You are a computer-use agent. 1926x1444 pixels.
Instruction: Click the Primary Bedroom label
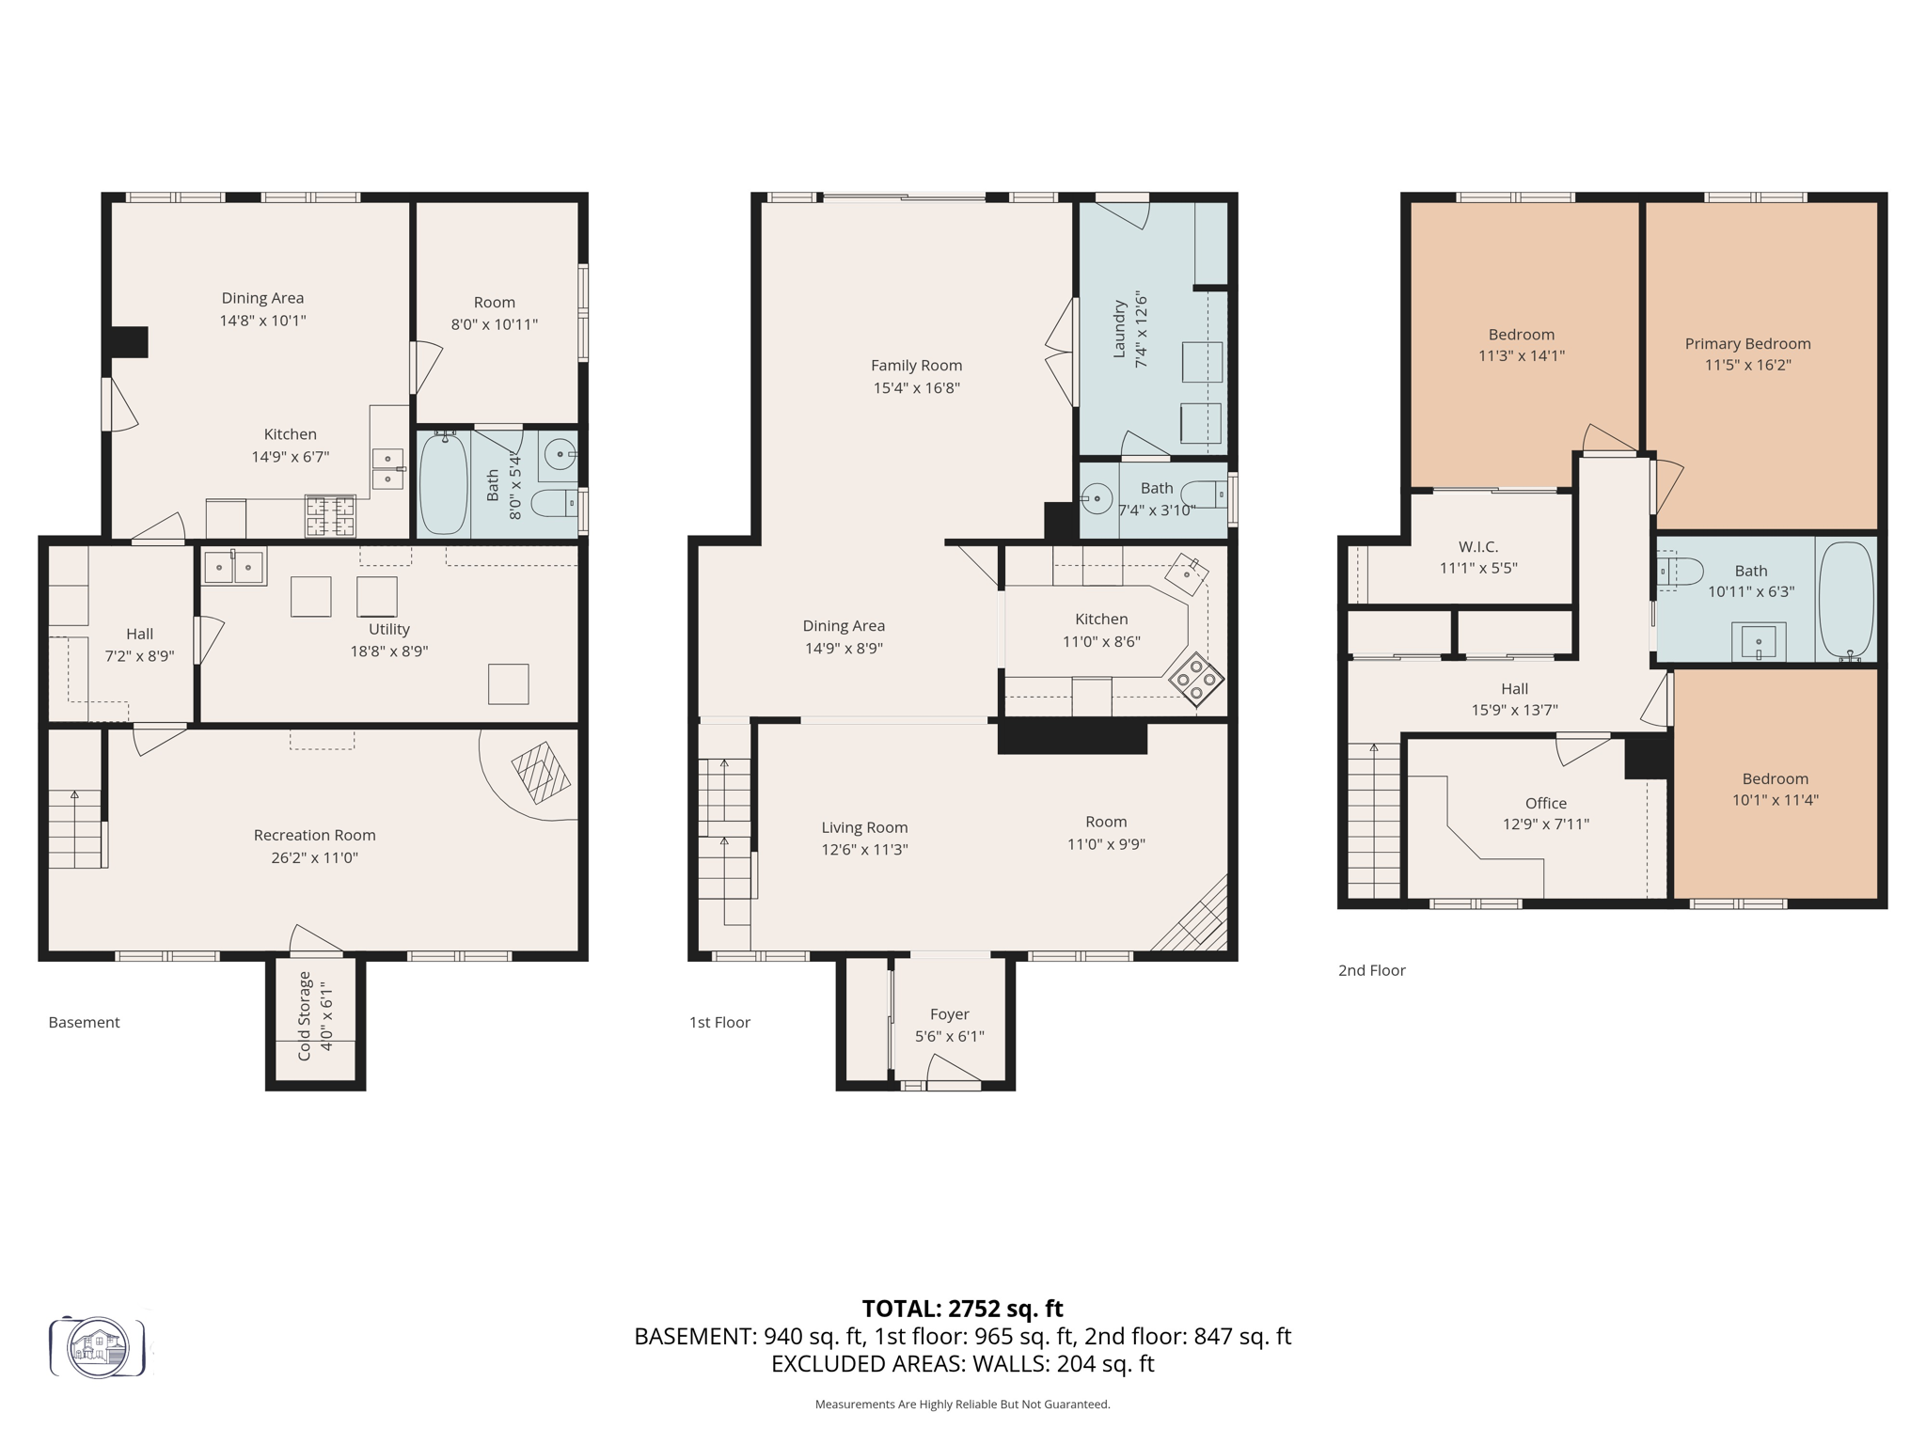coord(1747,344)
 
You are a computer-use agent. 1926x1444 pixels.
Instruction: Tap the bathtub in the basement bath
coord(443,485)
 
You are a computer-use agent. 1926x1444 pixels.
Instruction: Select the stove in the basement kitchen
coord(330,516)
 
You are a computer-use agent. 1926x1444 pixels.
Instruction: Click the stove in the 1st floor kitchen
coord(1196,679)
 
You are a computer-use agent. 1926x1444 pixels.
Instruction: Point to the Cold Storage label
coord(304,1016)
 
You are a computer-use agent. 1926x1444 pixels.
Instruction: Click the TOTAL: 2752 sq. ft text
coord(962,1309)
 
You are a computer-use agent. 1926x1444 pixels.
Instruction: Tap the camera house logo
coord(98,1347)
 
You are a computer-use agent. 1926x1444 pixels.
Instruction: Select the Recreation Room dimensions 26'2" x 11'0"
coord(314,857)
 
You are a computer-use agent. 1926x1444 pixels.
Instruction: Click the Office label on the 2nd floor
coord(1546,803)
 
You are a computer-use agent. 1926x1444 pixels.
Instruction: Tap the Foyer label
coord(949,1014)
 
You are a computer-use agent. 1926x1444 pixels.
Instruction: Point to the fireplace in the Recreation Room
coord(541,773)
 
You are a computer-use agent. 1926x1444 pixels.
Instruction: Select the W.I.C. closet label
coord(1478,546)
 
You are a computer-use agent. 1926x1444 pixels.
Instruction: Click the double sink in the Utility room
coord(234,567)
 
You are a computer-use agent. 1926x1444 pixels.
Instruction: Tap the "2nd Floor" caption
coord(1371,970)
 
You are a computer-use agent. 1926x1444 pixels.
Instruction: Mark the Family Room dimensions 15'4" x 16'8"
coord(916,387)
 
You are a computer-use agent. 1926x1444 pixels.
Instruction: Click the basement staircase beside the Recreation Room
coord(74,827)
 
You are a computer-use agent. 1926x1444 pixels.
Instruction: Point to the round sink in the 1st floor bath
coord(1097,498)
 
